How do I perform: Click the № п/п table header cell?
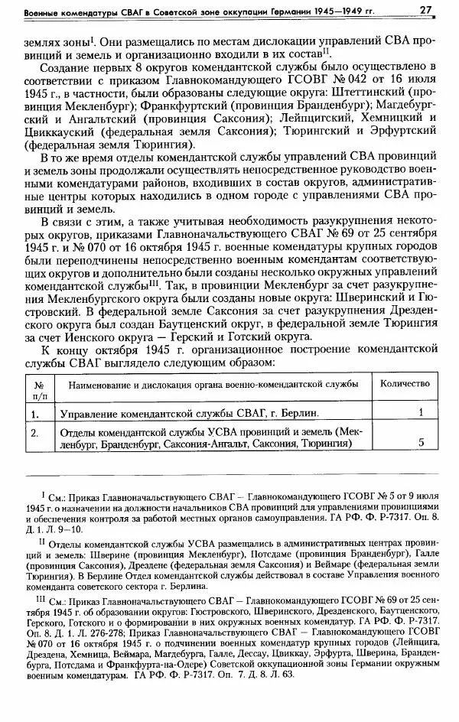click(38, 389)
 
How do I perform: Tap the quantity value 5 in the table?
click(422, 442)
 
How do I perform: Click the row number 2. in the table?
click(35, 434)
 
